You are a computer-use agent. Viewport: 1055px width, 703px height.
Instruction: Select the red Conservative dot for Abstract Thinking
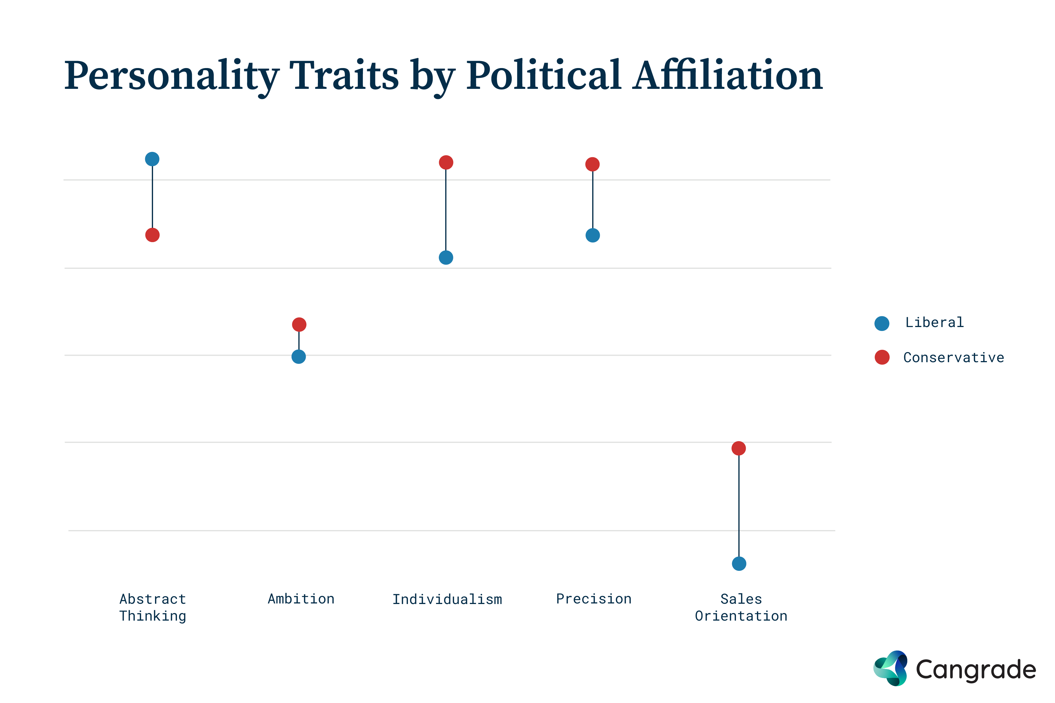[x=152, y=235]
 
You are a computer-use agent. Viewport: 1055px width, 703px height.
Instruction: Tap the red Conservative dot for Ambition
[x=299, y=325]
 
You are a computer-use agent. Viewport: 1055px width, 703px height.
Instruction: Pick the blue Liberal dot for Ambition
[x=299, y=357]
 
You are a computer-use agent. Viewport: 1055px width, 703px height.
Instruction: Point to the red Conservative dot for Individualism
[x=446, y=162]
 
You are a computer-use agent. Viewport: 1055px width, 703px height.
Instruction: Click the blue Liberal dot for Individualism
[x=446, y=258]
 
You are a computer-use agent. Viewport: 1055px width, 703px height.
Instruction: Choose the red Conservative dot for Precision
[x=592, y=165]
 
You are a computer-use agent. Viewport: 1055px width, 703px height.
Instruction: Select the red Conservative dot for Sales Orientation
[x=739, y=448]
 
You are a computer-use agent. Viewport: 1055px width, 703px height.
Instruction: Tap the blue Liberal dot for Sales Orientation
[x=739, y=564]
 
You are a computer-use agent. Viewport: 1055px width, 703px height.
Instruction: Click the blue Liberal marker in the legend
[x=882, y=323]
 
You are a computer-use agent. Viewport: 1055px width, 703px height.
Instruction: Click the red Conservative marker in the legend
[x=882, y=357]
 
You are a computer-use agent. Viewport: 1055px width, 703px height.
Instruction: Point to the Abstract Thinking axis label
[x=152, y=607]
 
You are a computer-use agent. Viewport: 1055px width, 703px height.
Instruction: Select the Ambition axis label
[x=301, y=599]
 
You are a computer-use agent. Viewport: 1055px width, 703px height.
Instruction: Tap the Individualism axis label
[x=447, y=600]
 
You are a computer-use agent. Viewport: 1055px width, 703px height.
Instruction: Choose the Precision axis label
[x=594, y=599]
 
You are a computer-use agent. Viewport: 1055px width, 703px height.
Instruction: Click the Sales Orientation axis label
[x=741, y=607]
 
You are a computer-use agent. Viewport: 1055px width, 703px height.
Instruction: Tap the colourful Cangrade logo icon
[x=890, y=668]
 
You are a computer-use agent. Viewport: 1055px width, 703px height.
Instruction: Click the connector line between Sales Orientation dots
[x=739, y=507]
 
